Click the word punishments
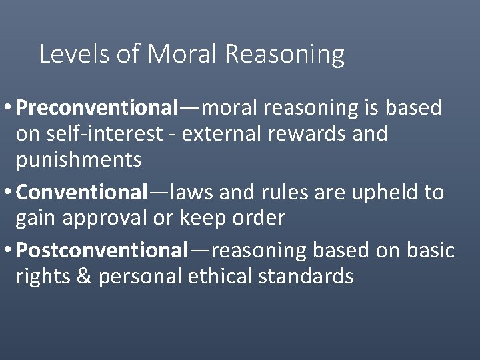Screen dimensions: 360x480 tap(79, 160)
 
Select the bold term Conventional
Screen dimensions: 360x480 tap(81, 192)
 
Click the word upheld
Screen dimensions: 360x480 tap(379, 193)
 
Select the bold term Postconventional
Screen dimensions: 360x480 tap(103, 250)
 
